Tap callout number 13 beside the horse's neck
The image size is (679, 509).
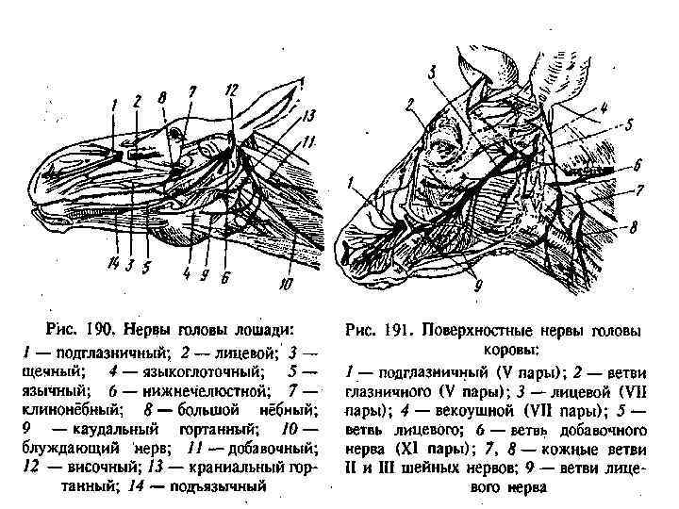(308, 116)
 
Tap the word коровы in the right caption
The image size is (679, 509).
(495, 351)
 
